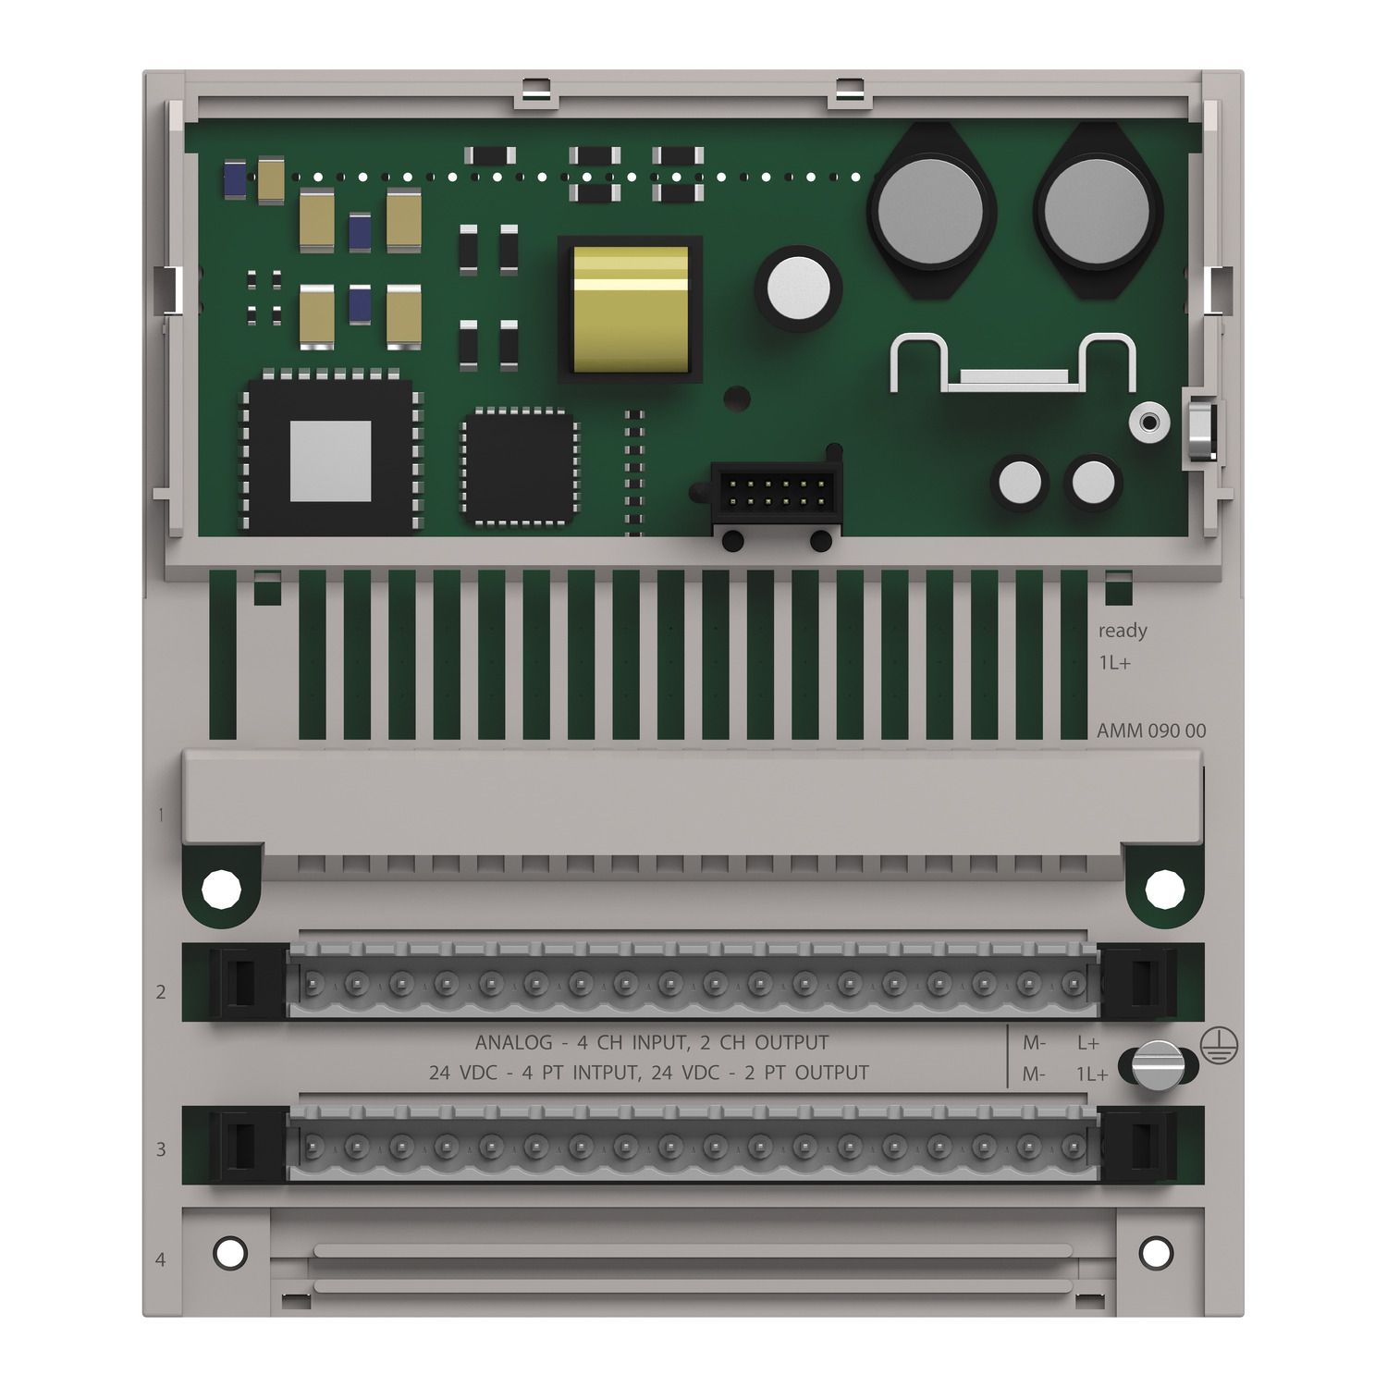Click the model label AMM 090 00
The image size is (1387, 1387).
1150,730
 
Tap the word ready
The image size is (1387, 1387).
1122,631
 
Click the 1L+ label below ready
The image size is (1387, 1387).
1114,663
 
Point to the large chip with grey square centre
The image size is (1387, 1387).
330,456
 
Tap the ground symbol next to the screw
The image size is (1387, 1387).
1219,1045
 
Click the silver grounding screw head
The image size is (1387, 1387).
1158,1066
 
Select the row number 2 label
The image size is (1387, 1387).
161,992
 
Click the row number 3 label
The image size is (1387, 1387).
161,1149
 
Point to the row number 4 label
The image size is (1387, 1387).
161,1259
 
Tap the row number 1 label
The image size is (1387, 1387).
161,816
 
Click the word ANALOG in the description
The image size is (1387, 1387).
513,1043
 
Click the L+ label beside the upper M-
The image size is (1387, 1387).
1087,1043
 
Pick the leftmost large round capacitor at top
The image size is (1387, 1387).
930,212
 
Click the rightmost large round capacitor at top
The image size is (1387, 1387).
1097,212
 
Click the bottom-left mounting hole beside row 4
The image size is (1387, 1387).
230,1253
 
